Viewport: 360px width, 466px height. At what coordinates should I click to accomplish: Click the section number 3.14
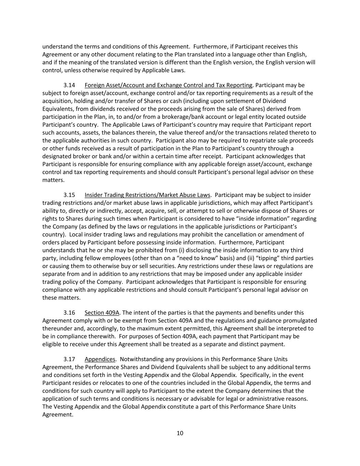[x=69, y=85]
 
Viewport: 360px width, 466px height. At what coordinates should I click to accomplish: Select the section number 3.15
[x=69, y=195]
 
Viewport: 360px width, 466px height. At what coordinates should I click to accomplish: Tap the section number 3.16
[x=69, y=313]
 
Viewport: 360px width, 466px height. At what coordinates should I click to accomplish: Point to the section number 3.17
[x=69, y=359]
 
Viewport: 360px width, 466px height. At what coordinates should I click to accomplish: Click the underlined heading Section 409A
[x=102, y=313]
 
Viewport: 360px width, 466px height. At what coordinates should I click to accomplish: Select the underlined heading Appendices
[x=100, y=359]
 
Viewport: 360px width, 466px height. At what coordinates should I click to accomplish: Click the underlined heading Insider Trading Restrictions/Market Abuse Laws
[x=147, y=195]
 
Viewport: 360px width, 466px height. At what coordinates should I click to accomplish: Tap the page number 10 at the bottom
[x=180, y=433]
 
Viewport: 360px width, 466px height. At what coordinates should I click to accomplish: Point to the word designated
[x=56, y=156]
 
